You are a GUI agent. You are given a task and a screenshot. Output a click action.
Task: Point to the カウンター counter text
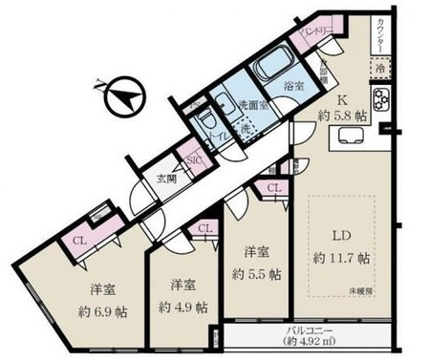pyautogui.click(x=380, y=38)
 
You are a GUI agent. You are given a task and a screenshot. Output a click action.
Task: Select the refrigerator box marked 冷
pyautogui.click(x=378, y=71)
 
